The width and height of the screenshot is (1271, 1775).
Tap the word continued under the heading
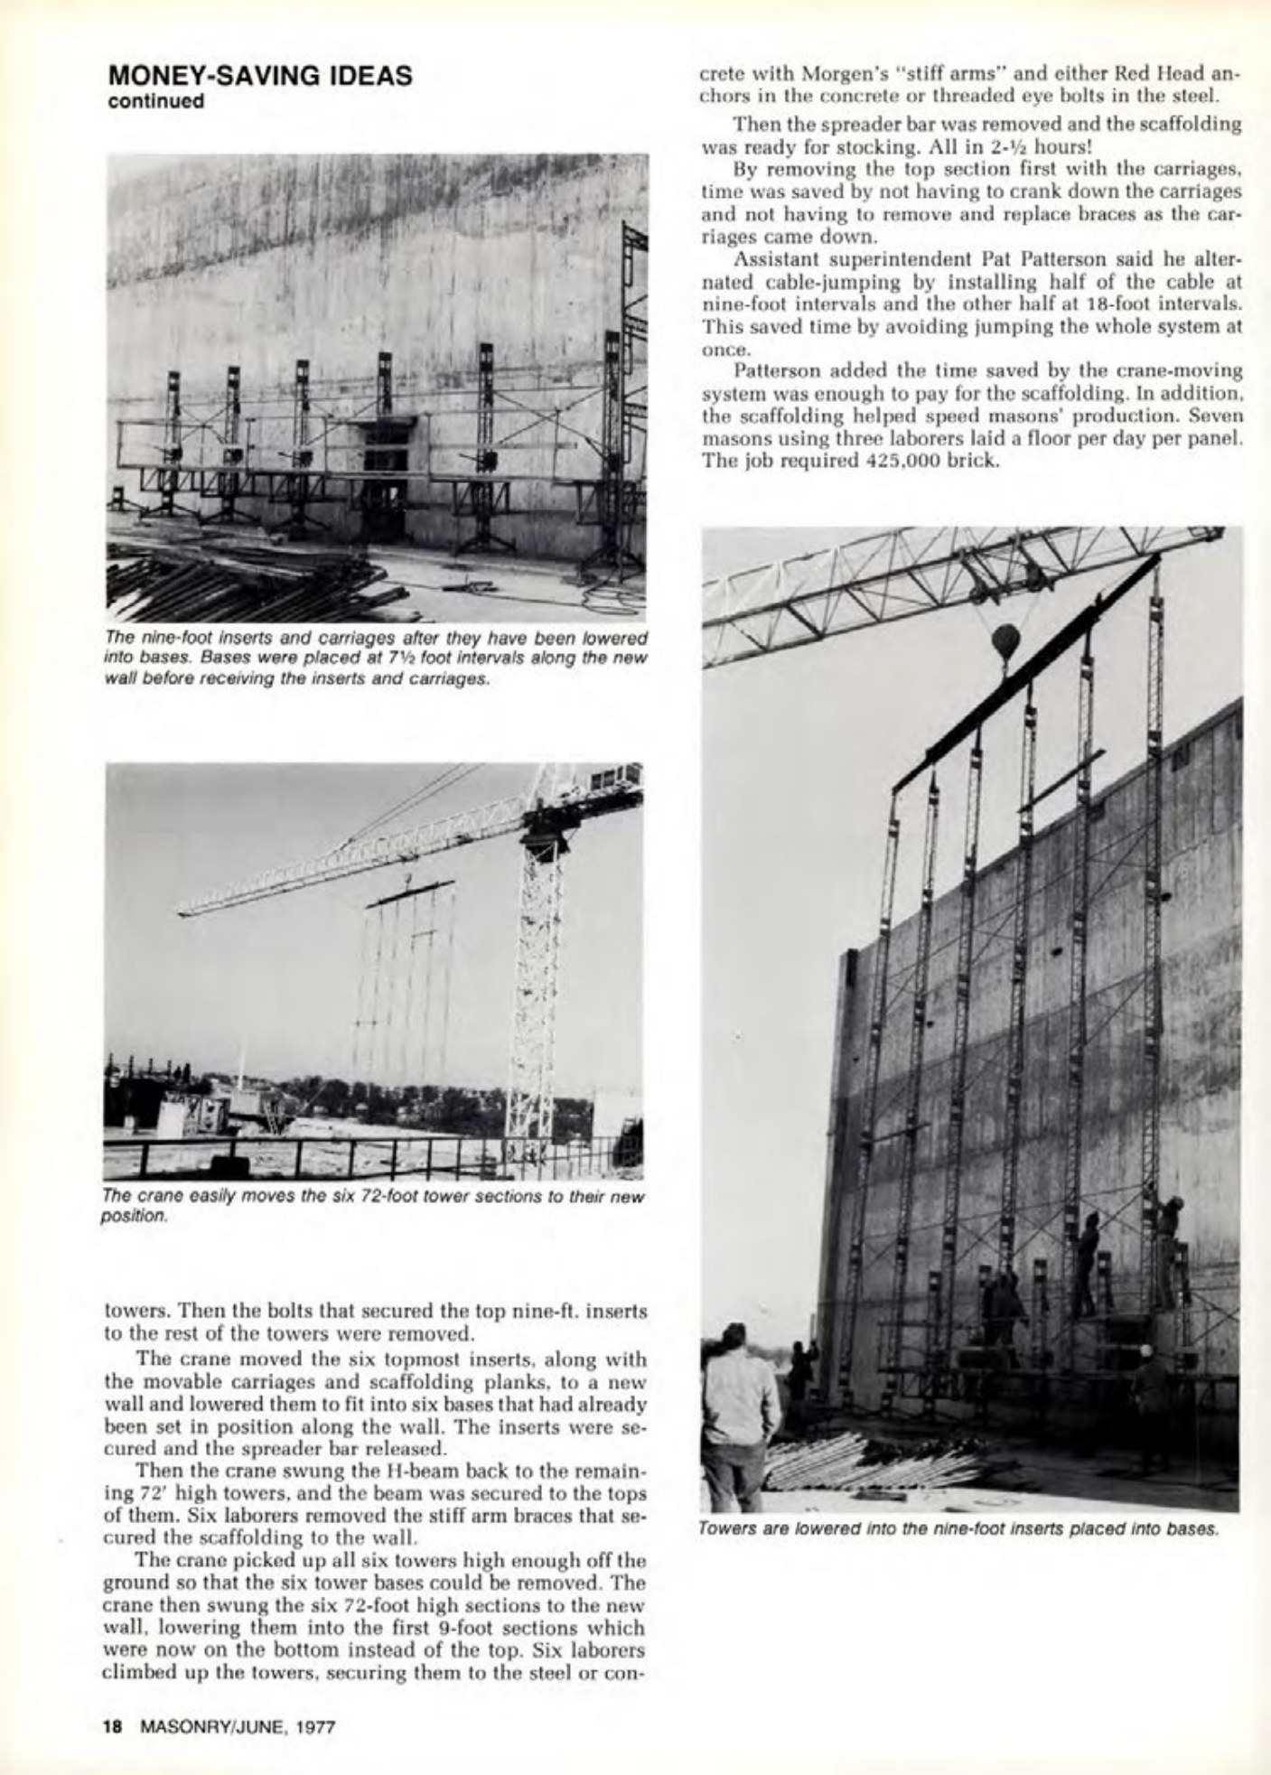[x=155, y=100]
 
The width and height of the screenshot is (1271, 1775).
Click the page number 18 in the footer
[x=112, y=1726]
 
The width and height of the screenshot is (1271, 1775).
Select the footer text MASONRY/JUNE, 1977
[x=238, y=1726]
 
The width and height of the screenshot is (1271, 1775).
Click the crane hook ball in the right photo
[x=1005, y=641]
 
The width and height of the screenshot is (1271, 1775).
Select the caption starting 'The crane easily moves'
[x=375, y=1204]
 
